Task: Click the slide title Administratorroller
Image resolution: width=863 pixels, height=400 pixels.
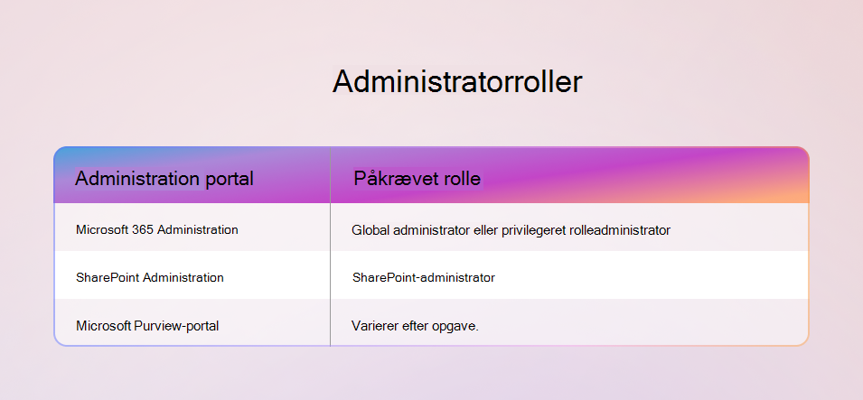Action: (457, 82)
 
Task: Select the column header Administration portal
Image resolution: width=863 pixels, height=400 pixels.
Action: (164, 178)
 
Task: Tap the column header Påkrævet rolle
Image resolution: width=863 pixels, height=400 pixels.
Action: (417, 178)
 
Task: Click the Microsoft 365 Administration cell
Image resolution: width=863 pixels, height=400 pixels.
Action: (157, 229)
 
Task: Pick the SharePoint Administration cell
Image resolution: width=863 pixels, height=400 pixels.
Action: (150, 277)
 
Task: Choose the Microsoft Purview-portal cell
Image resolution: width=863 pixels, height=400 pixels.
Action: (147, 326)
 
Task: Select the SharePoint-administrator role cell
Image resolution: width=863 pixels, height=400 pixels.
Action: (423, 277)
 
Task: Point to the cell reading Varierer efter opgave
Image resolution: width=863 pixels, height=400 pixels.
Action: (415, 326)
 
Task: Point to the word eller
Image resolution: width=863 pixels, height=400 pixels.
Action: (485, 230)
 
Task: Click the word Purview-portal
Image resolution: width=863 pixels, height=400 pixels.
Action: (176, 326)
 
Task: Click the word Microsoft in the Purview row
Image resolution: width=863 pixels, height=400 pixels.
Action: (104, 326)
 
